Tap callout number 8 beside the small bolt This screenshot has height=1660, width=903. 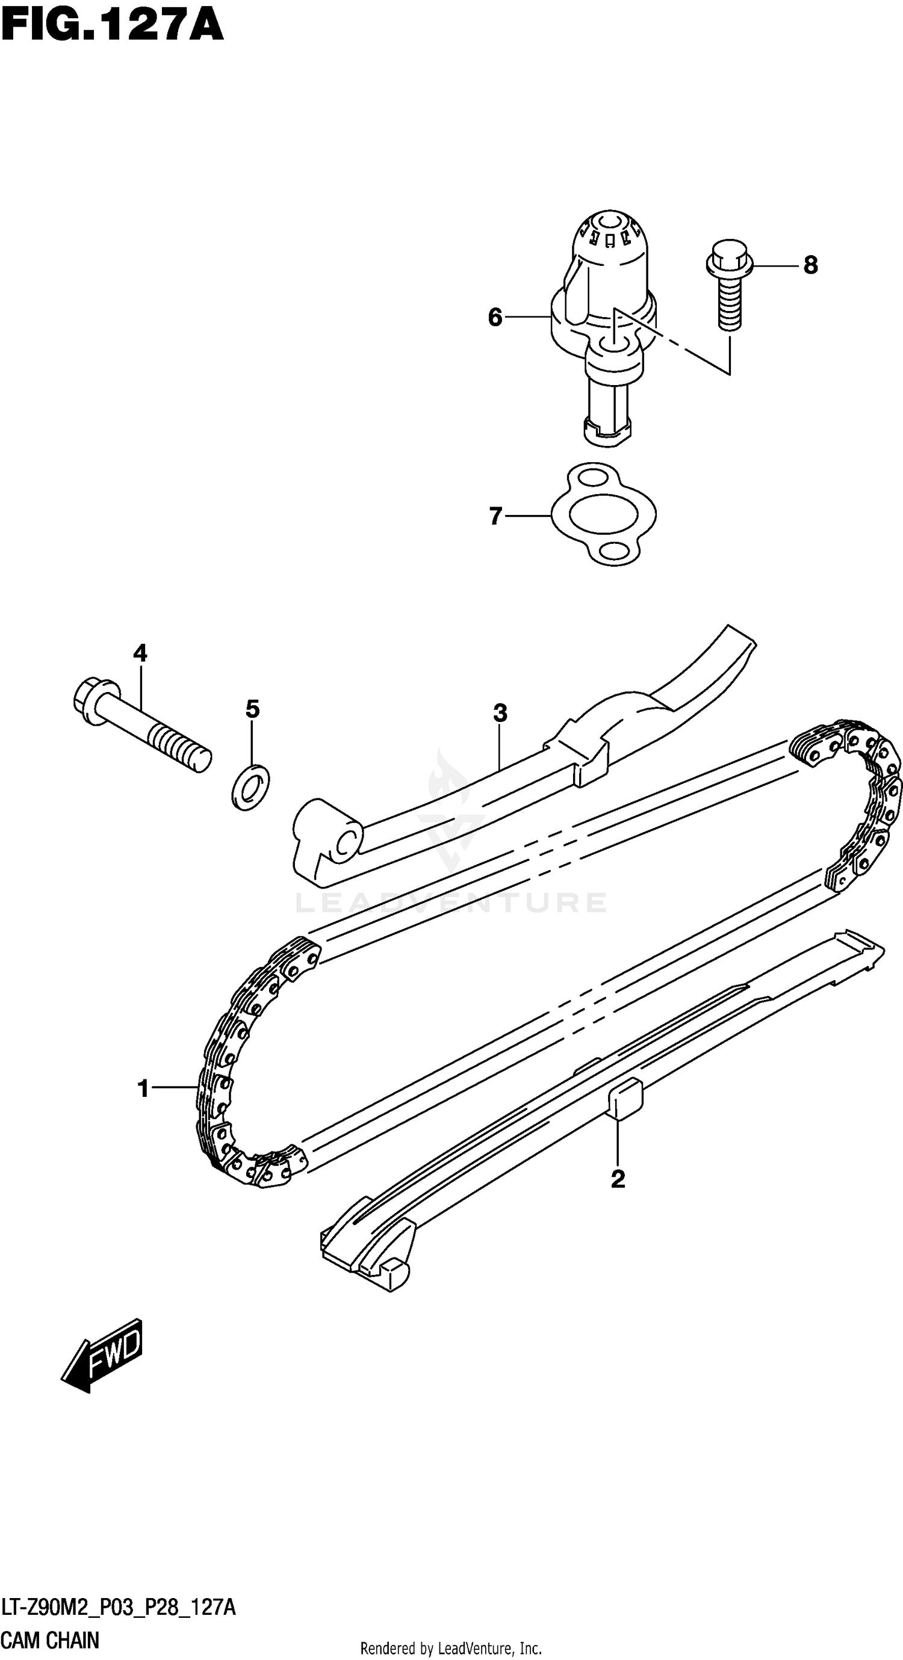pos(810,265)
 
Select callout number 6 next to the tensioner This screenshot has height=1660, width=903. pos(494,317)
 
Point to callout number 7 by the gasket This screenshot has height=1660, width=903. pos(495,516)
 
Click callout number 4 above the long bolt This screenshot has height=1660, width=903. pos(140,653)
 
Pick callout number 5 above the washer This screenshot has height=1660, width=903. pos(252,709)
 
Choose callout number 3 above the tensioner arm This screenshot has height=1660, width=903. pos(500,713)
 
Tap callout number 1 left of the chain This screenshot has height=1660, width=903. pos(143,1089)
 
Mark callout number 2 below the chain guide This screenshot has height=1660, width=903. pos(618,1179)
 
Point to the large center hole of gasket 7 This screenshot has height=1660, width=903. pos(604,514)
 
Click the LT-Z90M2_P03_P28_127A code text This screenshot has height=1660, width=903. pos(119,1609)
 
